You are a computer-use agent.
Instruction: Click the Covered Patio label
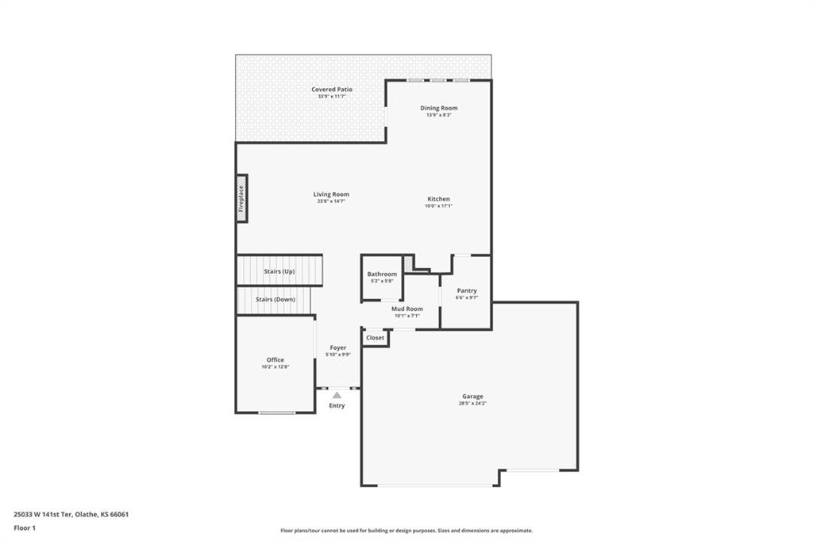(332, 89)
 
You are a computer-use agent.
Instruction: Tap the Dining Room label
(438, 108)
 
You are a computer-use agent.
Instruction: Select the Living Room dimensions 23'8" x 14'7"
(331, 201)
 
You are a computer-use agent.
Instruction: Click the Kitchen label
(438, 198)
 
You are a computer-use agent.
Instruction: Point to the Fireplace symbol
(241, 199)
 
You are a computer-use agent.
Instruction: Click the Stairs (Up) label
(279, 271)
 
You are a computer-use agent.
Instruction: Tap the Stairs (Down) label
(275, 299)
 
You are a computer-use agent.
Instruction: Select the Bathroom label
(382, 274)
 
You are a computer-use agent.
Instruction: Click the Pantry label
(467, 290)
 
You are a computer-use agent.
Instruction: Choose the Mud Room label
(407, 309)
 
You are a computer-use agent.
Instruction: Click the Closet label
(375, 337)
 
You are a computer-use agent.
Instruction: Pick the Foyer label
(338, 347)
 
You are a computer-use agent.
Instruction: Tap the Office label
(275, 359)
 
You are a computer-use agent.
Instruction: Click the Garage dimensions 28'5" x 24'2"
(472, 403)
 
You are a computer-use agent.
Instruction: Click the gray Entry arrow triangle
(337, 395)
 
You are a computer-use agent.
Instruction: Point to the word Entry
(337, 405)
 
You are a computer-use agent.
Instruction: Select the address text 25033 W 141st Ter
(43, 515)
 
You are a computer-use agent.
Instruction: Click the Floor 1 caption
(25, 528)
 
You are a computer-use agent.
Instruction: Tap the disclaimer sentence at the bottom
(406, 530)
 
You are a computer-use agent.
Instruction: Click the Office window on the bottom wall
(277, 412)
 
